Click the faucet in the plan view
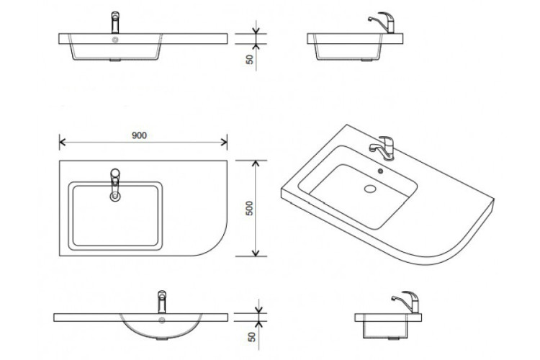[x=113, y=184]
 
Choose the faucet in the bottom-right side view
[x=402, y=301]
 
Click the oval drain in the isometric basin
[x=372, y=190]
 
